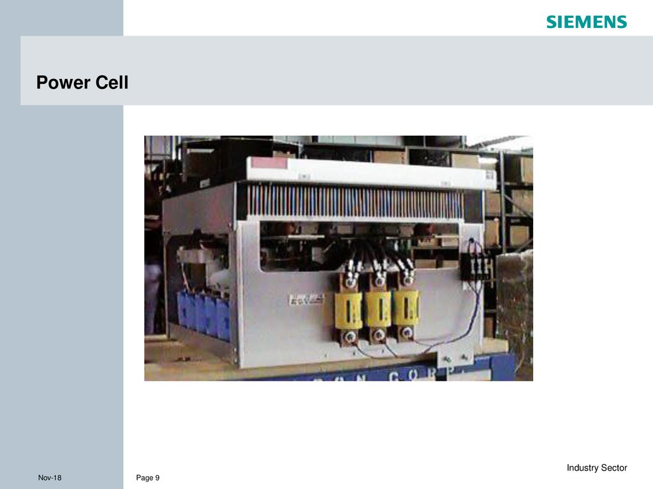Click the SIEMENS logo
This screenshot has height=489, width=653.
click(586, 22)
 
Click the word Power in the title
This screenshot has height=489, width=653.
click(62, 83)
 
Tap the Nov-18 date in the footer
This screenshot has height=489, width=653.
click(50, 478)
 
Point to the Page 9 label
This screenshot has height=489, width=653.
click(148, 478)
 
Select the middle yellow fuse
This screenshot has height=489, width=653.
click(378, 309)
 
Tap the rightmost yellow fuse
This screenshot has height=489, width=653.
click(406, 308)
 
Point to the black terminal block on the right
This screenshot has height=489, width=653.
click(478, 265)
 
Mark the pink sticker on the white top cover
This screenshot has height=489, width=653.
click(270, 164)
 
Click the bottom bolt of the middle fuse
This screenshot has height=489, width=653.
click(379, 333)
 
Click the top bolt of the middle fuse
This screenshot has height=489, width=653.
click(379, 279)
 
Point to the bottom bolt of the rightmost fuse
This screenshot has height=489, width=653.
click(406, 332)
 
